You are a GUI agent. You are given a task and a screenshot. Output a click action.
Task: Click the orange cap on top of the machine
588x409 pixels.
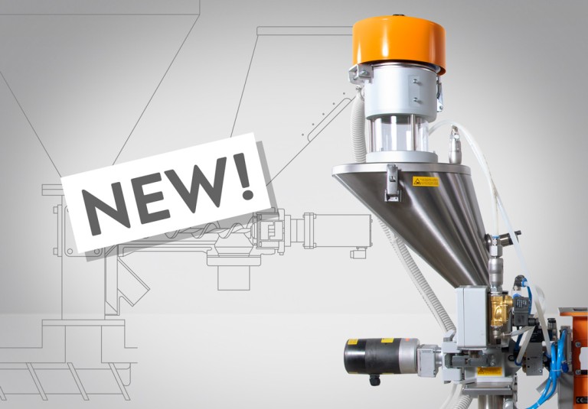398,42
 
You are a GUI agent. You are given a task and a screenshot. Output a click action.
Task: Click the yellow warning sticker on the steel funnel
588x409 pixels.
425,182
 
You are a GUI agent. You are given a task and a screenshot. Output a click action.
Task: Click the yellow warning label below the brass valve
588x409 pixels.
489,372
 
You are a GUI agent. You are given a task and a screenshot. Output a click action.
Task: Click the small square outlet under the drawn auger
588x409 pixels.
234,275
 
